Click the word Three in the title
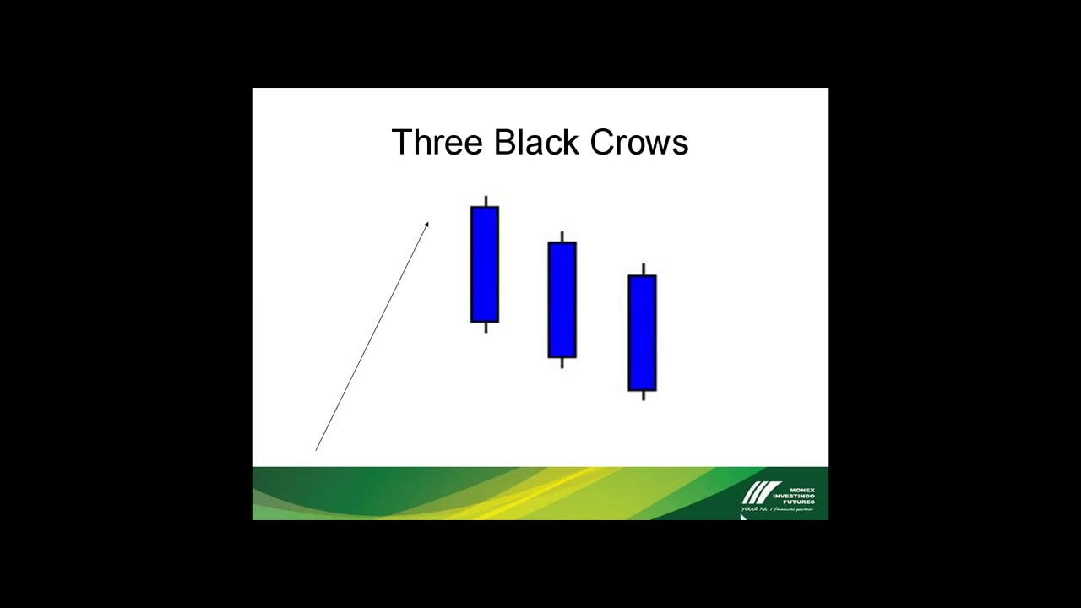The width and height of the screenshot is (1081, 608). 437,143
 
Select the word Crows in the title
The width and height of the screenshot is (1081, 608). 639,143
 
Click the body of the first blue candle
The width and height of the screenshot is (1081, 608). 485,264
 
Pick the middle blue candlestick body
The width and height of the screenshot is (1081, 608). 562,300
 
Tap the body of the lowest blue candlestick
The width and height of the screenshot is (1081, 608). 643,333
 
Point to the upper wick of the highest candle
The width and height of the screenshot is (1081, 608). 486,201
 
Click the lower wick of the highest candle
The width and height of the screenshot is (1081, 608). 486,328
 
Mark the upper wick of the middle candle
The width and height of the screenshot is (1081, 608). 562,236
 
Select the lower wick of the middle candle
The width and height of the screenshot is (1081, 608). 562,363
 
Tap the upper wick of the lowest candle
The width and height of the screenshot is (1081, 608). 644,269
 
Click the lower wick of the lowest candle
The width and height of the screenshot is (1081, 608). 644,395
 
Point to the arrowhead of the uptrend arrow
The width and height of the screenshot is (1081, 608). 427,224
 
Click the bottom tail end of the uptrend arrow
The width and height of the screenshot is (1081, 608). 317,449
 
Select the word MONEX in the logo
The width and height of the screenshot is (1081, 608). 801,489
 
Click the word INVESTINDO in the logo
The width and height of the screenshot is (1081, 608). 794,496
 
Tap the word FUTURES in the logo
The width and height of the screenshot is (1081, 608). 799,502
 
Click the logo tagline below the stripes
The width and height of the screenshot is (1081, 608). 777,510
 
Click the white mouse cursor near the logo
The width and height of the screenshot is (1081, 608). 743,516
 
